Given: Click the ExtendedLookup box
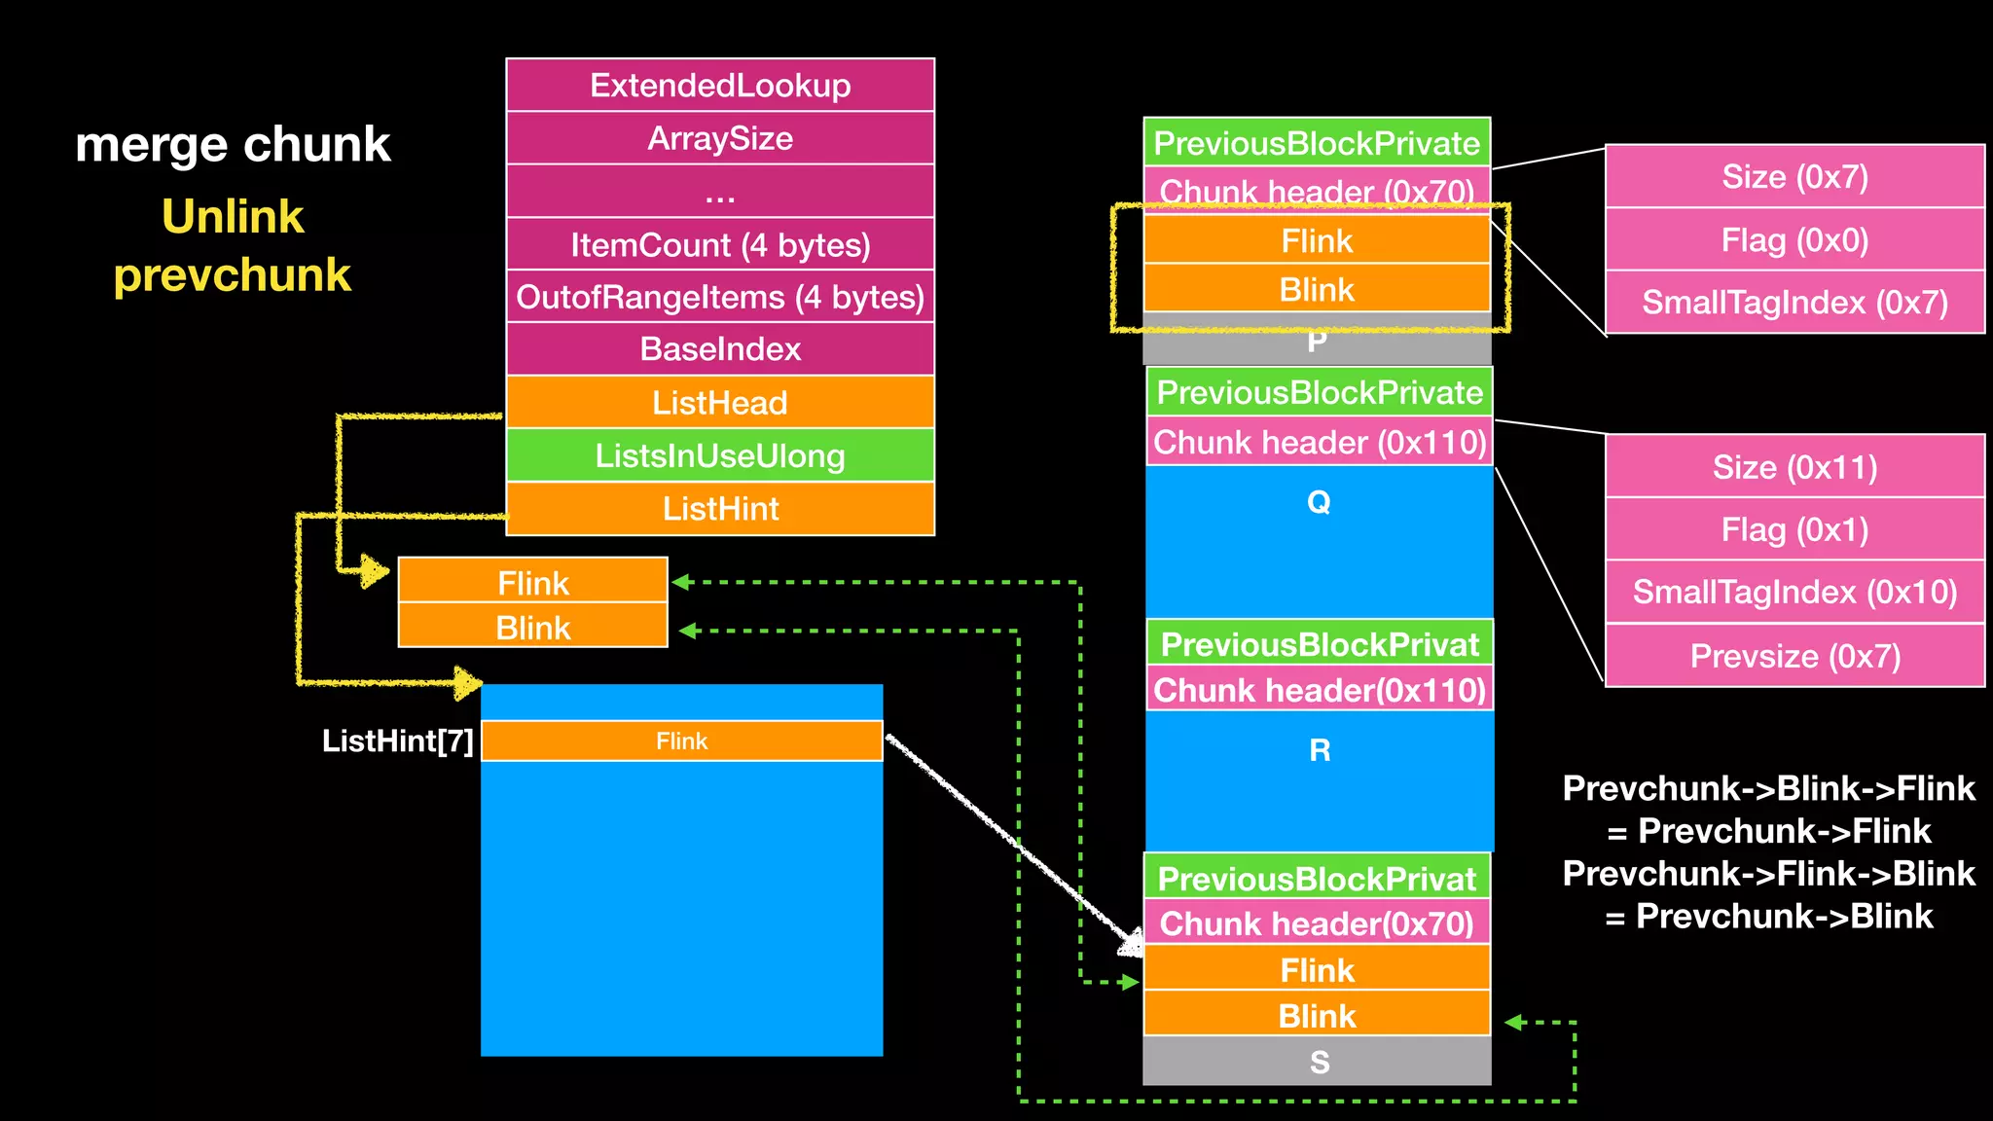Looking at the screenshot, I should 720,86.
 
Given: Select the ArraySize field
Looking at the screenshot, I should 720,138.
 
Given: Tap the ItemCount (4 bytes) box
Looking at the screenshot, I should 720,244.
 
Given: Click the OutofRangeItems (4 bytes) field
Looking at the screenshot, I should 720,297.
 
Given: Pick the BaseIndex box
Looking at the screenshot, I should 720,349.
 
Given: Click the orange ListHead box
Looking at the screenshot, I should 720,402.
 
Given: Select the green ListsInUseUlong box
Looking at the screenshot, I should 720,455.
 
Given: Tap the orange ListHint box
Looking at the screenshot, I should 720,508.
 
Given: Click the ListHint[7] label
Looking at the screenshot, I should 397,741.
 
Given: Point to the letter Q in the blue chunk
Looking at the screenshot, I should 1319,502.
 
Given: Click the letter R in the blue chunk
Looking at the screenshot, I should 1320,750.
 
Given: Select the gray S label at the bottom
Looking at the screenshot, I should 1319,1062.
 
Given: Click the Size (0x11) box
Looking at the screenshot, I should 1794,467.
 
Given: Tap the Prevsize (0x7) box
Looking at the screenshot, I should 1794,656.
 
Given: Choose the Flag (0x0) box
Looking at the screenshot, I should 1794,239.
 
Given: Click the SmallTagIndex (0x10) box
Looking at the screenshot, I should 1794,592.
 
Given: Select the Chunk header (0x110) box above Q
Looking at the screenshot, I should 1320,443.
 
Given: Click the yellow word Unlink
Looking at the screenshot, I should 233,216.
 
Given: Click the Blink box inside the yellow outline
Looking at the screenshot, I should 1317,289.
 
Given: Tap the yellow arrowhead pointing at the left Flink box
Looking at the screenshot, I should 374,571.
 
